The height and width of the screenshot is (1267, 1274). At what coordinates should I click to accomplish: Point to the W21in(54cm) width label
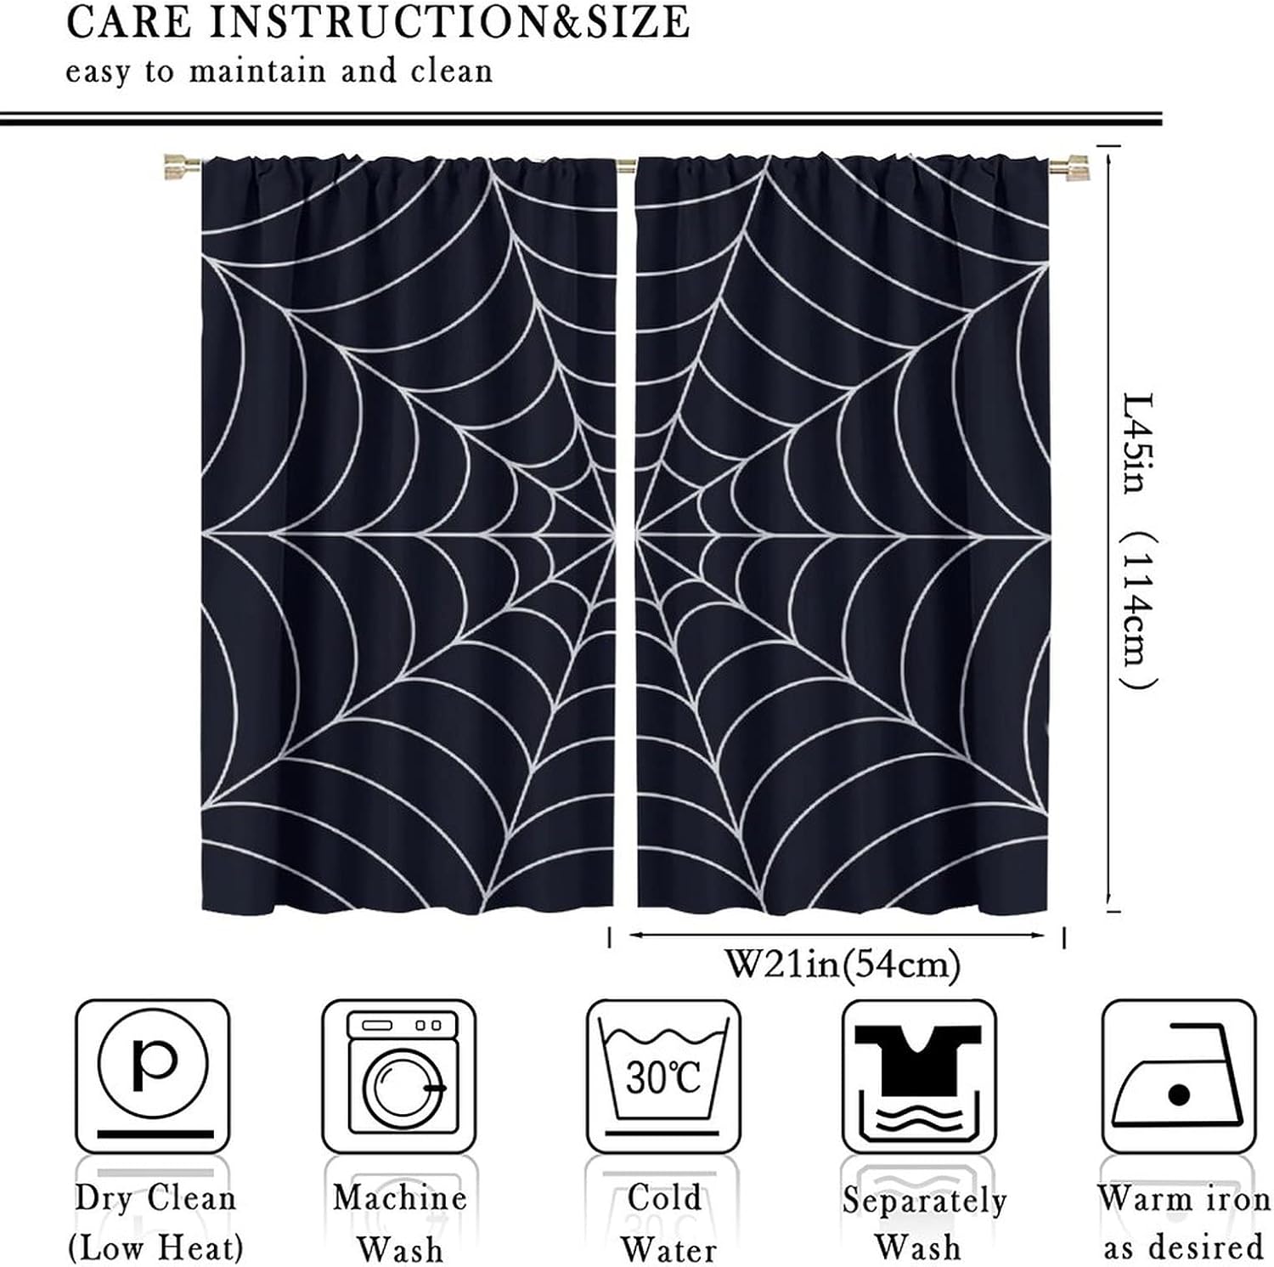[x=841, y=965]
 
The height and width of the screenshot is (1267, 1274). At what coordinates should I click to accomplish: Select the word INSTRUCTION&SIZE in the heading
[x=449, y=23]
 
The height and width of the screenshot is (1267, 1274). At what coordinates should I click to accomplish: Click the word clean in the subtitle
[x=451, y=71]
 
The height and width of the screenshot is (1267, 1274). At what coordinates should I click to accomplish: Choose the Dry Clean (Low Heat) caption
[x=155, y=1223]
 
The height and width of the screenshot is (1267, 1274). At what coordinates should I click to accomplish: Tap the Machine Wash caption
[x=400, y=1223]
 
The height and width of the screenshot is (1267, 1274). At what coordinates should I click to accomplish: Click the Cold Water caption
[x=667, y=1223]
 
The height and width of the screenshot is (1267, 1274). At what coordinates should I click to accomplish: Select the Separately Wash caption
[x=923, y=1223]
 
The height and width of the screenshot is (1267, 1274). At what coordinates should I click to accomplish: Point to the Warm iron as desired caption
[x=1183, y=1223]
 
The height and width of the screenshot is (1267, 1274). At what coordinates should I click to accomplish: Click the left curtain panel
[x=408, y=535]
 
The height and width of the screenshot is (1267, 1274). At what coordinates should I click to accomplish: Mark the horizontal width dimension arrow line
[x=837, y=936]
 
